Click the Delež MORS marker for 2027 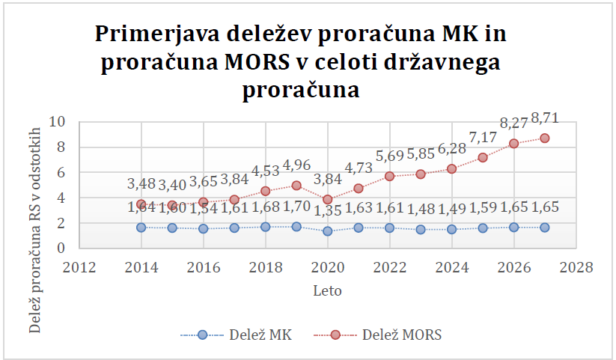[x=545, y=138]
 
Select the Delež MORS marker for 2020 [x=327, y=200]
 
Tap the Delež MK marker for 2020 [x=327, y=231]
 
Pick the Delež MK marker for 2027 [x=545, y=228]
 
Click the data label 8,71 [x=544, y=118]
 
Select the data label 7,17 [x=482, y=137]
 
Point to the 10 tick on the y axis [x=59, y=122]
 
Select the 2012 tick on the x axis [x=79, y=267]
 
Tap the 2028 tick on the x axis [x=576, y=267]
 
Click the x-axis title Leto [x=327, y=289]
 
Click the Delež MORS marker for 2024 [x=451, y=169]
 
